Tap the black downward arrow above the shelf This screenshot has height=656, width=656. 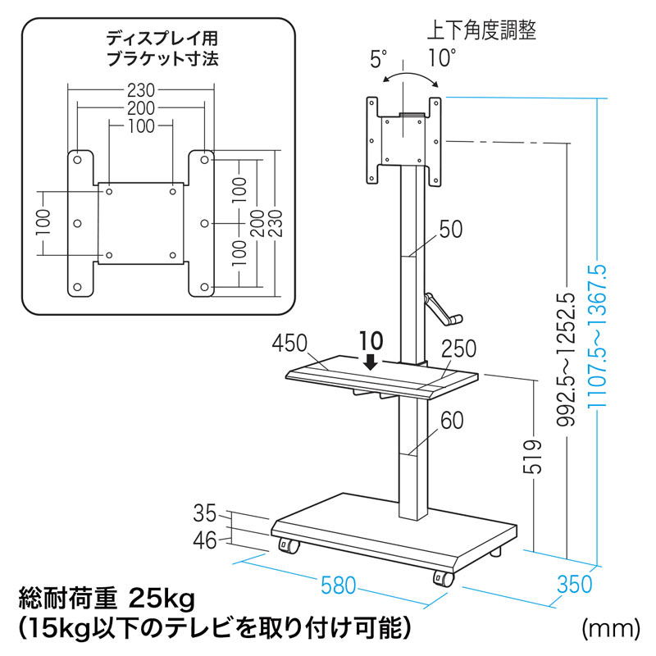click(x=371, y=361)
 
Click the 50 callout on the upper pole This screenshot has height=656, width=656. click(x=450, y=230)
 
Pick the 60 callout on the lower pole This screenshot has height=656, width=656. click(x=450, y=421)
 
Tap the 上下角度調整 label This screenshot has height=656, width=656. click(x=482, y=31)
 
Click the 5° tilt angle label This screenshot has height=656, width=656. click(x=378, y=59)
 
